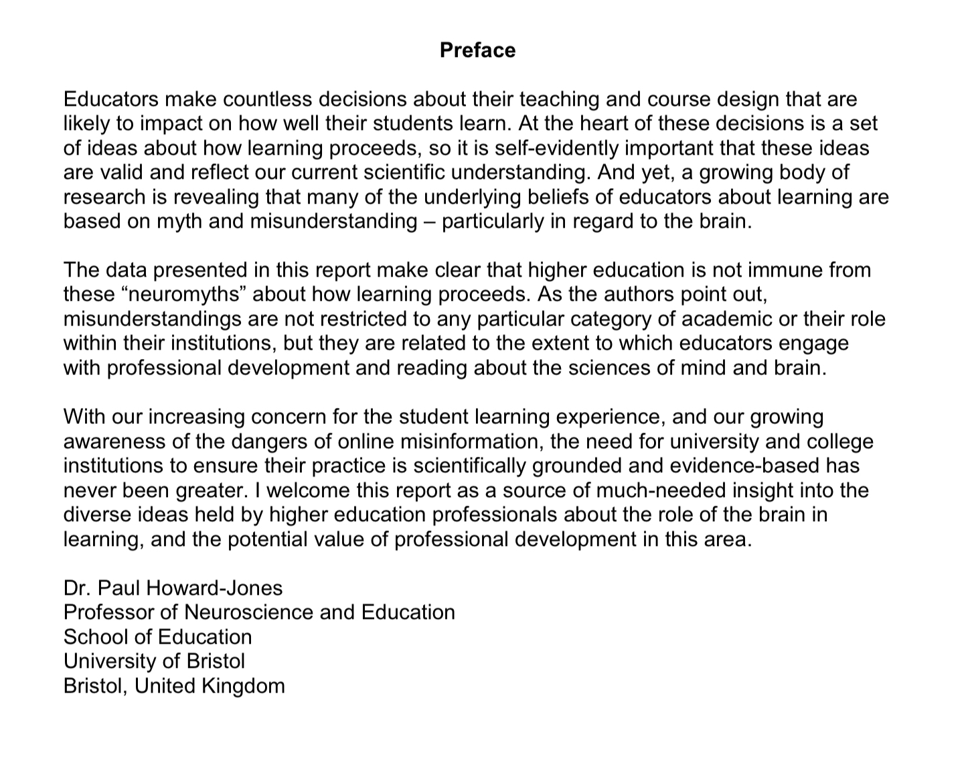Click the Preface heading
tap(477, 50)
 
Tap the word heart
tap(601, 123)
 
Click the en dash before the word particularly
tap(429, 221)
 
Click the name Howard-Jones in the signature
tap(214, 588)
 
